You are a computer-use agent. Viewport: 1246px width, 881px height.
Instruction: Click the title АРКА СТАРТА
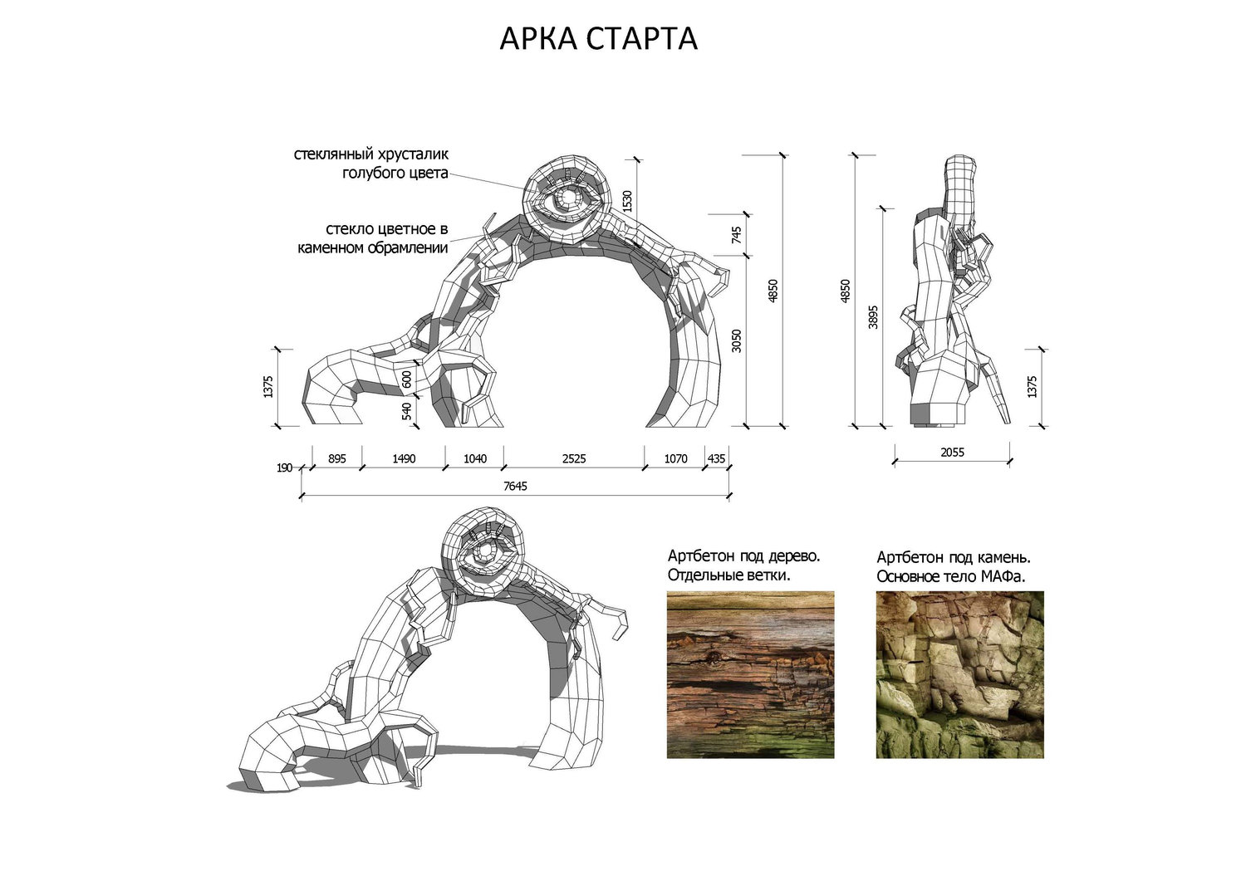click(x=598, y=38)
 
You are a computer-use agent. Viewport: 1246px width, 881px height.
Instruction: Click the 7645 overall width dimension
click(x=515, y=486)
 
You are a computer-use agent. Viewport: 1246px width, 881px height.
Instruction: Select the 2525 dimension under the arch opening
click(x=574, y=458)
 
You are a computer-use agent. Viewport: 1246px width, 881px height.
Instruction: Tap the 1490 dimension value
click(x=403, y=458)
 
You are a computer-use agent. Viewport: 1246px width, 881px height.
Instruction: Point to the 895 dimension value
click(x=336, y=458)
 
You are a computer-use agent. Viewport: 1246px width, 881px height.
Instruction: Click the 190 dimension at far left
click(x=284, y=468)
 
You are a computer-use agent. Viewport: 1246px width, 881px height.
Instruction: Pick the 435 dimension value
click(x=716, y=458)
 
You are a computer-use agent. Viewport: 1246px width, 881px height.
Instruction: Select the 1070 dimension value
click(x=675, y=458)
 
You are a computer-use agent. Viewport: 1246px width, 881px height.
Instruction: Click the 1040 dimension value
click(x=474, y=458)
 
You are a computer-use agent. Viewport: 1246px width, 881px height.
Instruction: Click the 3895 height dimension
click(x=872, y=317)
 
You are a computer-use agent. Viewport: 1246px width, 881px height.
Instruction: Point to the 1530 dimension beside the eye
click(x=628, y=201)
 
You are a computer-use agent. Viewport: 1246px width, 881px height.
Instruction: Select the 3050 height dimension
click(x=736, y=340)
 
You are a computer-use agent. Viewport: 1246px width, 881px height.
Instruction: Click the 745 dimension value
click(x=736, y=235)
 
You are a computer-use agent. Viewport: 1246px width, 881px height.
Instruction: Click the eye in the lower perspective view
click(x=484, y=551)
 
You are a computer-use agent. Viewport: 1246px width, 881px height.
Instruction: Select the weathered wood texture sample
click(x=750, y=674)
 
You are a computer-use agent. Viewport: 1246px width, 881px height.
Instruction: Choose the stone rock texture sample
click(x=959, y=674)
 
